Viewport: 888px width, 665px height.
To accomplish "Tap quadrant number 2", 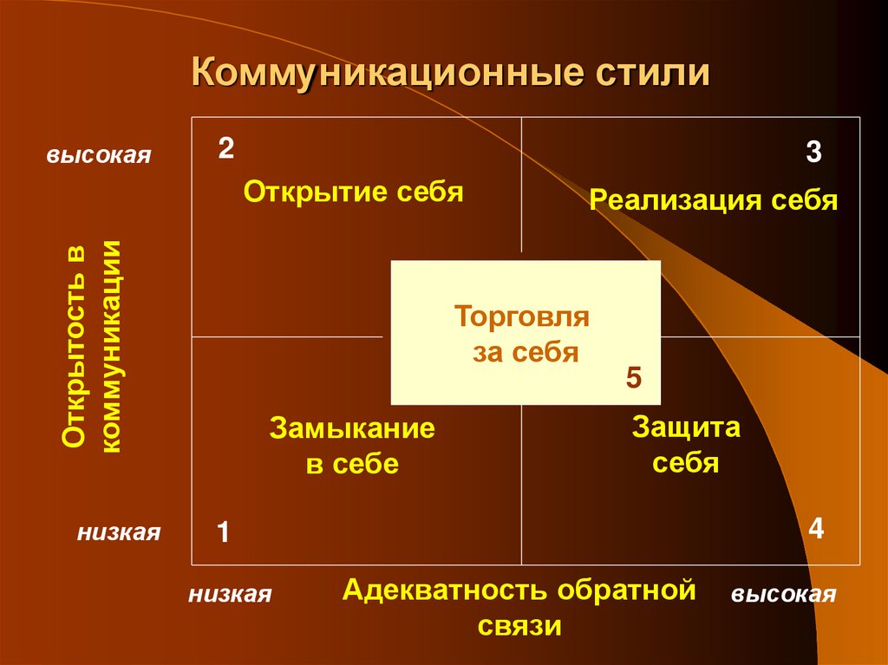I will (x=225, y=148).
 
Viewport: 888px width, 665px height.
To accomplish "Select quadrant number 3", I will (x=813, y=153).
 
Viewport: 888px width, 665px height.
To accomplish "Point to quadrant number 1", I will (x=222, y=531).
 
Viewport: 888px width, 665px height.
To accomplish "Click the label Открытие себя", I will (x=353, y=192).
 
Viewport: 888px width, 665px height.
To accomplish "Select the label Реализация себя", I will (x=713, y=201).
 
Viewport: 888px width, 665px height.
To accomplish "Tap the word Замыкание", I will (x=352, y=429).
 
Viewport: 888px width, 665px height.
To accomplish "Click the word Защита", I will (x=686, y=427).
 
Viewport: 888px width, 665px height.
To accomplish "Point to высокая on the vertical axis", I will (x=99, y=156).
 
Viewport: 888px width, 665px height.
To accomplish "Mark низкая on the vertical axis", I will (x=118, y=531).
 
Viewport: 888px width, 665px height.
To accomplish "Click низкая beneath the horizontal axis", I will (x=230, y=594).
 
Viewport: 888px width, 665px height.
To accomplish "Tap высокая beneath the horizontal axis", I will (x=783, y=594).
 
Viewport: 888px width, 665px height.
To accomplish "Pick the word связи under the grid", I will (x=519, y=626).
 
